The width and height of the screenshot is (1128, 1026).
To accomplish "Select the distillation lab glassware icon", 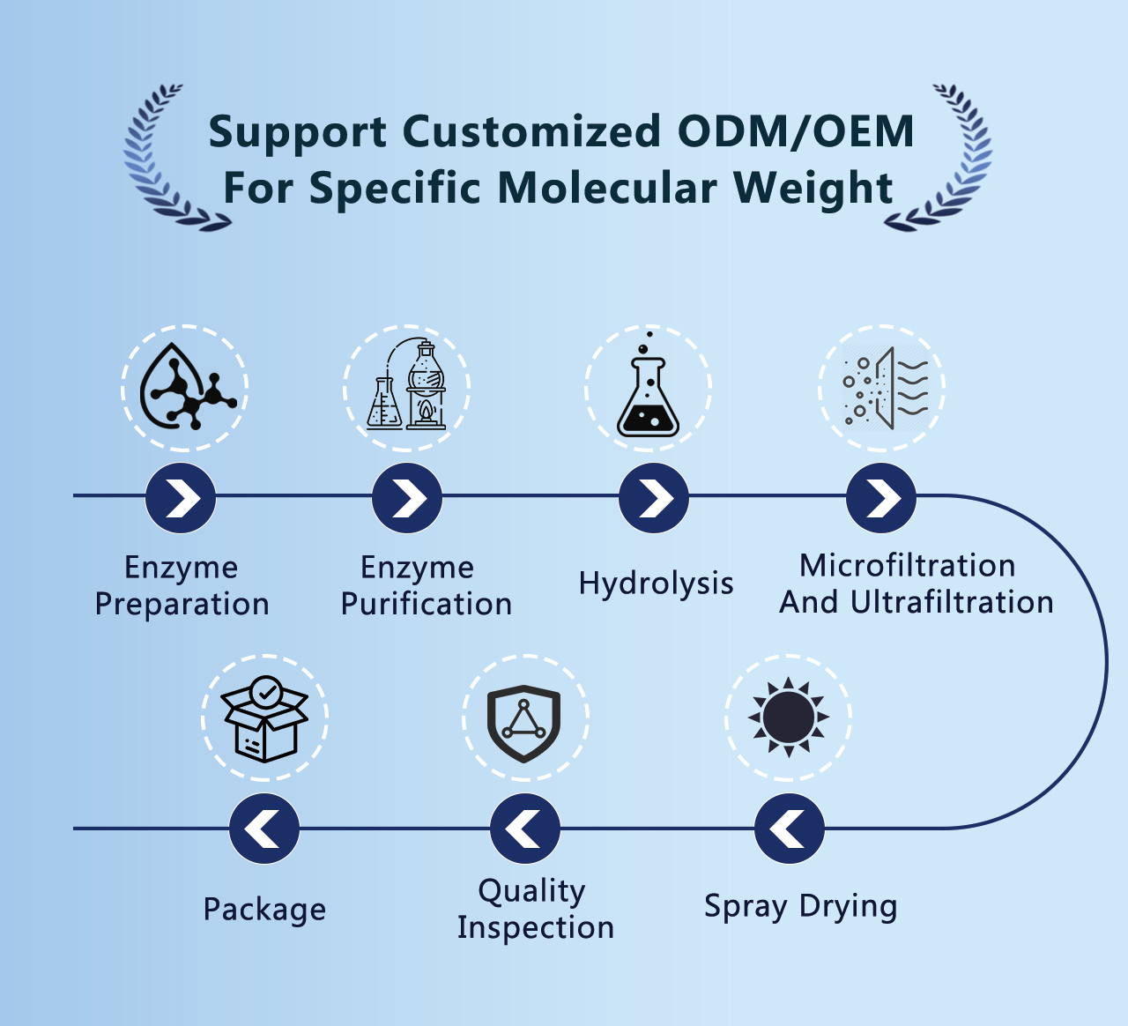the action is pyautogui.click(x=406, y=384).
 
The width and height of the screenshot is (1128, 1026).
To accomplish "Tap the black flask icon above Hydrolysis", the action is pyautogui.click(x=648, y=384).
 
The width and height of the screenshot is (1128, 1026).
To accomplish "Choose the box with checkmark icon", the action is pyautogui.click(x=265, y=719).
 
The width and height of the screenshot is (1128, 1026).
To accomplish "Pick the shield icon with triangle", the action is pyautogui.click(x=523, y=724).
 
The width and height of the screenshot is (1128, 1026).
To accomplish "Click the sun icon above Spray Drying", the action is pyautogui.click(x=789, y=717).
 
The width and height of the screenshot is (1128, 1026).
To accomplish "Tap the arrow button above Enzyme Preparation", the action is pyautogui.click(x=181, y=498).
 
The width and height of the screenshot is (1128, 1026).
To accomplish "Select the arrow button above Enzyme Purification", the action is pyautogui.click(x=407, y=498).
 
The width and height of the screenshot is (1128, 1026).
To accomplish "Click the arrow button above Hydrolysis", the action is pyautogui.click(x=653, y=498).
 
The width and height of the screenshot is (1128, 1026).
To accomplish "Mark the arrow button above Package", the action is pyautogui.click(x=264, y=829).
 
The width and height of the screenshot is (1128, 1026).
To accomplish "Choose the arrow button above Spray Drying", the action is pyautogui.click(x=790, y=829).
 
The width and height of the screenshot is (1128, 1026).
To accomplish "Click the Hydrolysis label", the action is pyautogui.click(x=657, y=584).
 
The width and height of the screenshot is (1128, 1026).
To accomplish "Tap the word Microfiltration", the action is pyautogui.click(x=908, y=565).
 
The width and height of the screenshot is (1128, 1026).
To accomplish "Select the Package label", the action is pyautogui.click(x=265, y=910).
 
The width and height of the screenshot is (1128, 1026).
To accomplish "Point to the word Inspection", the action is pyautogui.click(x=535, y=927).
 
